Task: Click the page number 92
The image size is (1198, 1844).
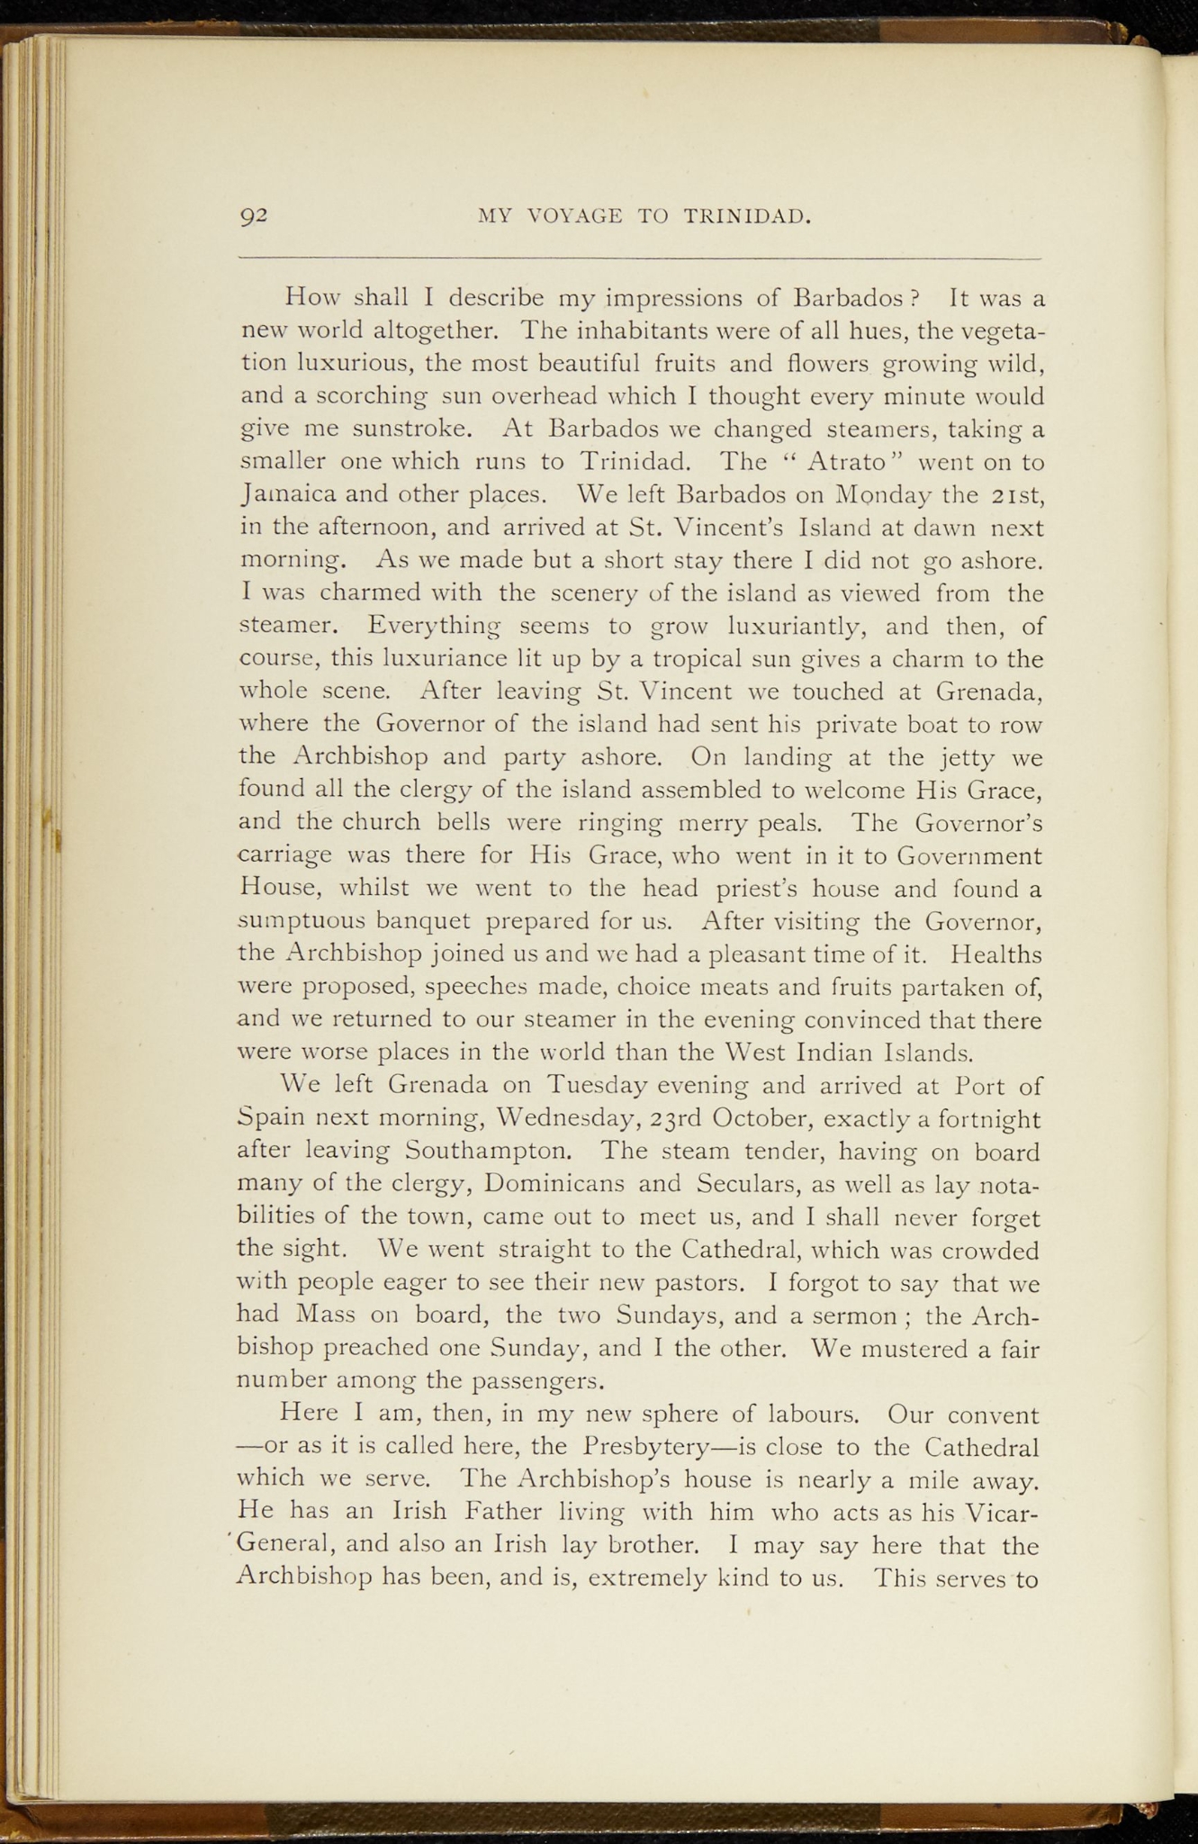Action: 255,217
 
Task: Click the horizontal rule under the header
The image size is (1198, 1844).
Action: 639,259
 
